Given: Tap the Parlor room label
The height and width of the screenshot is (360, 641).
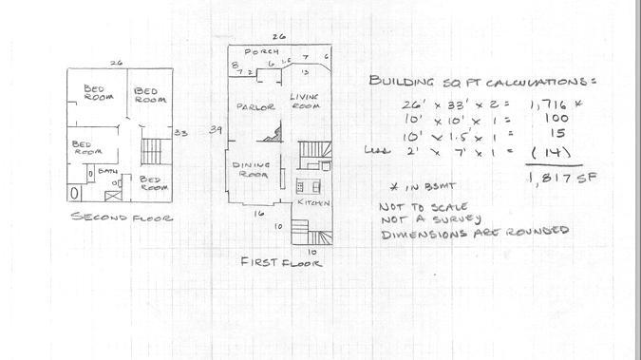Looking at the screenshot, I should click(255, 106).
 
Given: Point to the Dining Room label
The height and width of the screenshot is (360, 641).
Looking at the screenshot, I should click(253, 169).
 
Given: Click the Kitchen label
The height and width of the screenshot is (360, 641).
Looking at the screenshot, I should click(313, 203).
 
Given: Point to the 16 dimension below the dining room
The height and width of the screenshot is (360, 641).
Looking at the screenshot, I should click(257, 214).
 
